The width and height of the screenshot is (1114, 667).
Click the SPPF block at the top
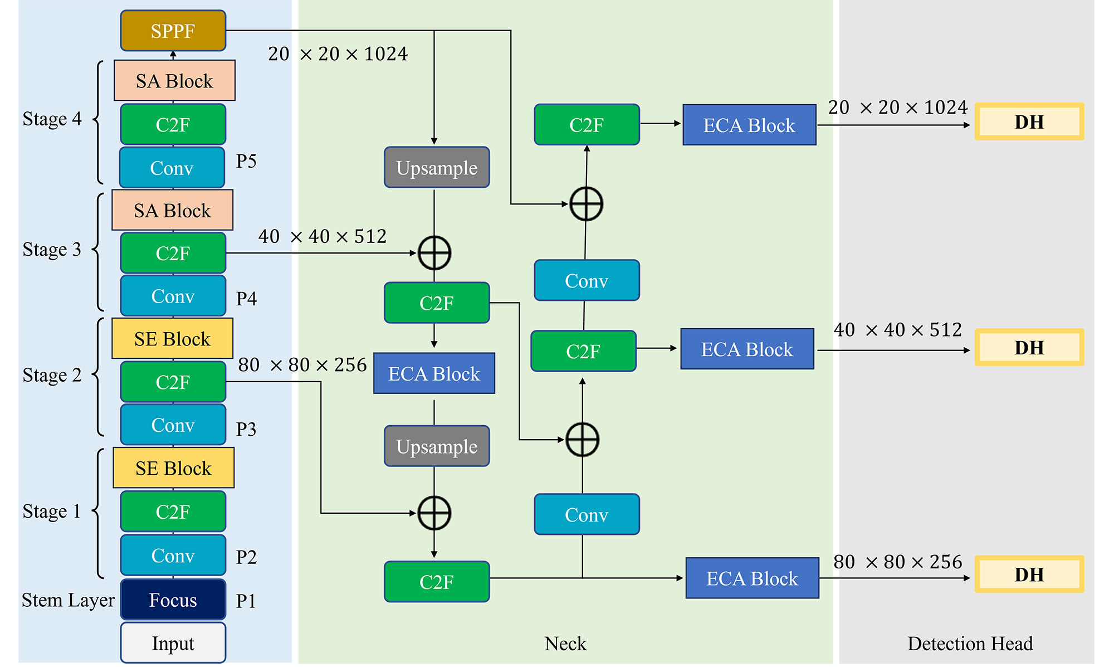pyautogui.click(x=173, y=31)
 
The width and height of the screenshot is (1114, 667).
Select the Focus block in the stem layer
pyautogui.click(x=173, y=600)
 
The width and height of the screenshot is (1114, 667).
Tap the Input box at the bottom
pyautogui.click(x=173, y=643)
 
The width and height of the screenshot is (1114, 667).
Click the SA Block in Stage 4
pyautogui.click(x=174, y=81)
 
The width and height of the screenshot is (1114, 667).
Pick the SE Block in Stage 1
pyautogui.click(x=173, y=468)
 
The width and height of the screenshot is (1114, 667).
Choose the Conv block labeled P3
pyautogui.click(x=173, y=425)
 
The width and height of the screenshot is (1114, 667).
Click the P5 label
pyautogui.click(x=246, y=161)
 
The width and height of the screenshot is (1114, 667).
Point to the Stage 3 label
pyautogui.click(x=52, y=250)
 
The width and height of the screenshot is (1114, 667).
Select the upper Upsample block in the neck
pyautogui.click(x=437, y=168)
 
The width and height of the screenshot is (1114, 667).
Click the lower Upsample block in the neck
pyautogui.click(x=437, y=446)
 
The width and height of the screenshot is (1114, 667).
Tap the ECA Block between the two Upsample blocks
pyautogui.click(x=434, y=373)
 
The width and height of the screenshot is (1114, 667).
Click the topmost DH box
pyautogui.click(x=1029, y=121)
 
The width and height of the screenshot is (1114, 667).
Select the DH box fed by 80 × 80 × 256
pyautogui.click(x=1029, y=574)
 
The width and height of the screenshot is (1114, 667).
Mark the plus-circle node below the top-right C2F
pyautogui.click(x=586, y=204)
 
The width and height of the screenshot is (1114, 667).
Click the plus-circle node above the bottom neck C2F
pyautogui.click(x=434, y=513)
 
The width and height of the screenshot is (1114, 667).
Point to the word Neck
pyautogui.click(x=565, y=644)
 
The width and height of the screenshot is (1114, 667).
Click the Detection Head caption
pyautogui.click(x=970, y=644)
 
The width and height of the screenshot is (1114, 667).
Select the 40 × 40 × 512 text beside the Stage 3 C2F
pyautogui.click(x=322, y=236)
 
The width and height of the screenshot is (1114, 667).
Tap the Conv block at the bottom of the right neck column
pyautogui.click(x=587, y=514)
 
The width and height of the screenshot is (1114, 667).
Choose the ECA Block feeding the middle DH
pyautogui.click(x=747, y=349)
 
